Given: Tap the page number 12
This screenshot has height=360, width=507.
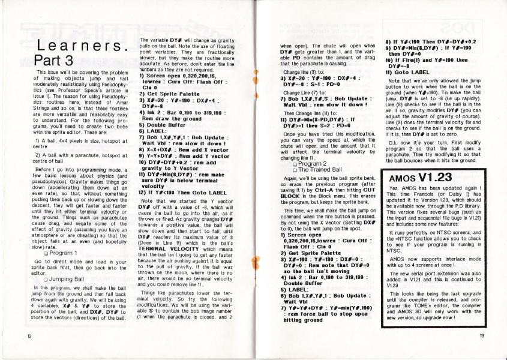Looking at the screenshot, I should point(22,337).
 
